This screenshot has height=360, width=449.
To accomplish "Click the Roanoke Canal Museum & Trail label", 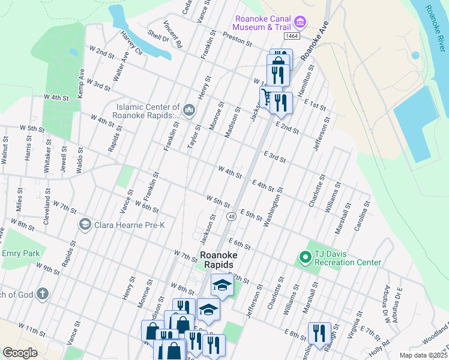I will click(264, 23).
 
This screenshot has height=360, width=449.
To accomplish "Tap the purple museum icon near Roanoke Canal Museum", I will click(301, 23).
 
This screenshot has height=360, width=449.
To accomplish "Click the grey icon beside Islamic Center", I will click(189, 110).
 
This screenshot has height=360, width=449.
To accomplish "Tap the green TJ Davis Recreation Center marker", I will click(305, 258).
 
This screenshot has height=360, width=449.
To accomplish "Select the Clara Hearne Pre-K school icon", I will click(85, 224).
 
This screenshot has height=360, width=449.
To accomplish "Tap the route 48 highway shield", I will click(230, 216).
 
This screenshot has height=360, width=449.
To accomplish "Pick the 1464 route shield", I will click(292, 37).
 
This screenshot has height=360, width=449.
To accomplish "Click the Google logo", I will click(20, 353).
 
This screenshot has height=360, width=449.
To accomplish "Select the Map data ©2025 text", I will click(421, 355).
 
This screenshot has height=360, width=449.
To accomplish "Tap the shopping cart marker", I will click(267, 96).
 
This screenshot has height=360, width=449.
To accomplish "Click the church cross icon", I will click(41, 294).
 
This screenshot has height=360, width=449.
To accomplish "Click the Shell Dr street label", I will click(158, 37).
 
